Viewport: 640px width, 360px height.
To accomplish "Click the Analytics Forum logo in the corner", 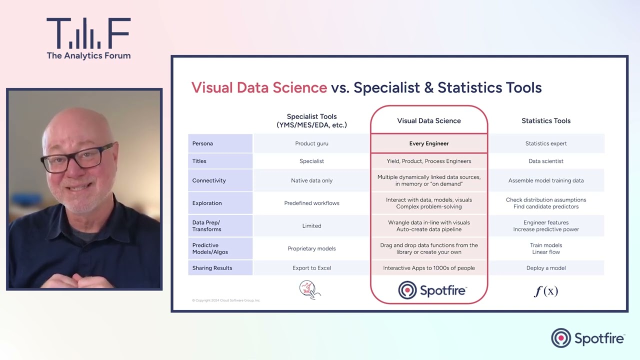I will pyautogui.click(x=88, y=39).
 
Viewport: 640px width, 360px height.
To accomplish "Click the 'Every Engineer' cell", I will pyautogui.click(x=428, y=143).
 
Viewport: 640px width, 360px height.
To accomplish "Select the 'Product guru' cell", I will pyautogui.click(x=311, y=143).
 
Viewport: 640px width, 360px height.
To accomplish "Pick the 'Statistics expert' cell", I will pyautogui.click(x=546, y=143).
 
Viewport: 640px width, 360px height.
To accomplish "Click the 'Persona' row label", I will pyautogui.click(x=202, y=143).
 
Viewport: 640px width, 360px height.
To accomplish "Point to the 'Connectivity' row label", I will pyautogui.click(x=209, y=180).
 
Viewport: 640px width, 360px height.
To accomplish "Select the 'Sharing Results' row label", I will pyautogui.click(x=212, y=268).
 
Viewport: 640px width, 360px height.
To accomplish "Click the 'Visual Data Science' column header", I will pyautogui.click(x=428, y=120).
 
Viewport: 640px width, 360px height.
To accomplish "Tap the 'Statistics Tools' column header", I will pyautogui.click(x=546, y=120).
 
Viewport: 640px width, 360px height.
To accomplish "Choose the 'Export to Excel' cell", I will pyautogui.click(x=311, y=268).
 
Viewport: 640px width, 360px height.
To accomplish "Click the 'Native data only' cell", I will pyautogui.click(x=311, y=180).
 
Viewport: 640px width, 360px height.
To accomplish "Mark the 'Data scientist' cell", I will pyautogui.click(x=546, y=161).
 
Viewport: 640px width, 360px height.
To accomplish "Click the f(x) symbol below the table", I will pyautogui.click(x=545, y=290).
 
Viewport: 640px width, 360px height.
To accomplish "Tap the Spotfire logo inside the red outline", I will pyautogui.click(x=432, y=290).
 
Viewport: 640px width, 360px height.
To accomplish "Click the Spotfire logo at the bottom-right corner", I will pyautogui.click(x=588, y=338).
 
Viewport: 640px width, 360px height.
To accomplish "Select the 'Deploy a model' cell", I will pyautogui.click(x=546, y=268).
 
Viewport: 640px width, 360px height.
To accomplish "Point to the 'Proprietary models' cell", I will pyautogui.click(x=311, y=248).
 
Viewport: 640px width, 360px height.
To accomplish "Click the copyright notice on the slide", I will pyautogui.click(x=226, y=300).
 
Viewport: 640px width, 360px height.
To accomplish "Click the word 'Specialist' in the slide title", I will pyautogui.click(x=386, y=88).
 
